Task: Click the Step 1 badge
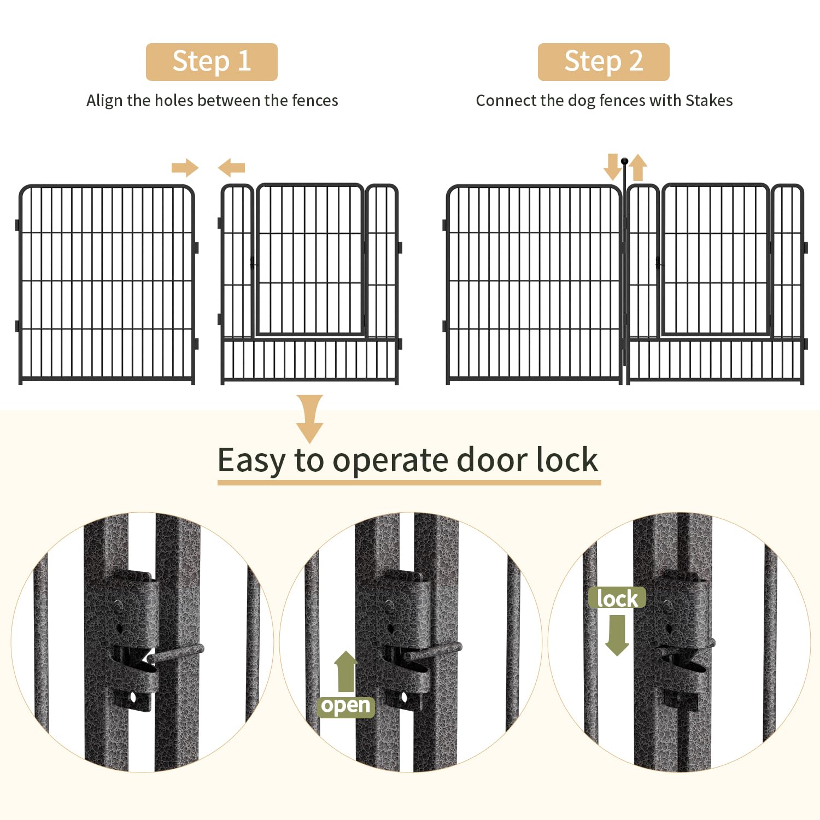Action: coord(212,62)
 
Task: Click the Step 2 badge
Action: coord(604,62)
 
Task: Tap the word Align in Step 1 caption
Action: coord(104,101)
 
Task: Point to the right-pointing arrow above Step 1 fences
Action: coord(185,168)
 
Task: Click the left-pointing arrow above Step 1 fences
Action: coord(231,168)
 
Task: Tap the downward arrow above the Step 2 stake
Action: coord(612,167)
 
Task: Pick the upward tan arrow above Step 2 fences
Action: coord(637,168)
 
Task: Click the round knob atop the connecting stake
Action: coord(624,161)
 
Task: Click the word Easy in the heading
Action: coord(251,460)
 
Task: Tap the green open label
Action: coord(346,706)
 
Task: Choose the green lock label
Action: coord(617,598)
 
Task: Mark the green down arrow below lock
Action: coord(617,635)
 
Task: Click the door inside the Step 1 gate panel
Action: coord(310,260)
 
